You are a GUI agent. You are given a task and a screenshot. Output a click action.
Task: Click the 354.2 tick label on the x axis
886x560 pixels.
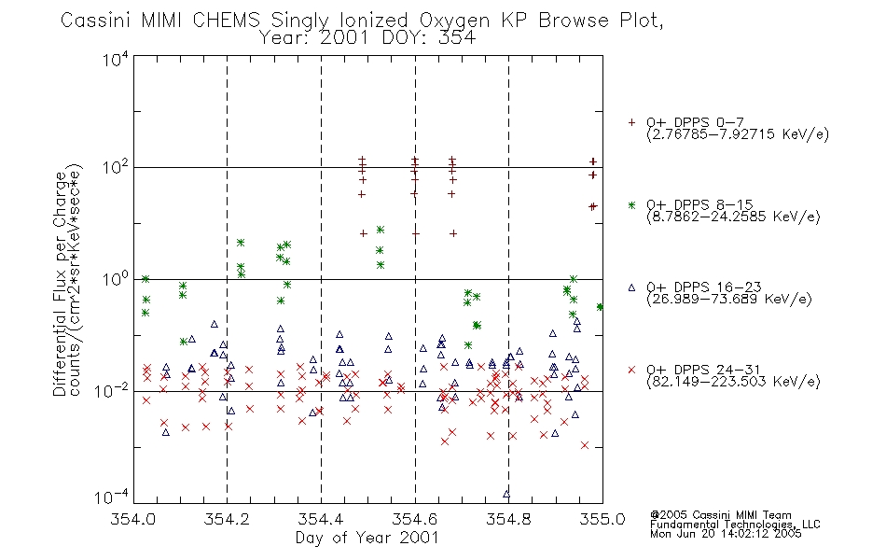[227, 519]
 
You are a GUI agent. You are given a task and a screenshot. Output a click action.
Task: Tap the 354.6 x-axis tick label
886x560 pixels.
[415, 519]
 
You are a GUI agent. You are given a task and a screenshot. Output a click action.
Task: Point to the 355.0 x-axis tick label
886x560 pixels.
[602, 519]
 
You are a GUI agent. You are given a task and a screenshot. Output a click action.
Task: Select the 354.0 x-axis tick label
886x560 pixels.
[132, 519]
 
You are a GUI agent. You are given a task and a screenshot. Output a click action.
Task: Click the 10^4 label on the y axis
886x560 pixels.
[116, 59]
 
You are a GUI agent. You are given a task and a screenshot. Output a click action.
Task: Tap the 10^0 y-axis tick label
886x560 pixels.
[116, 279]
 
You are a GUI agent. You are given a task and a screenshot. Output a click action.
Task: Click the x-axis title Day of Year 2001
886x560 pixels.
[367, 538]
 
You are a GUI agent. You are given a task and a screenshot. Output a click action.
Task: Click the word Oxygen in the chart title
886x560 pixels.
[455, 21]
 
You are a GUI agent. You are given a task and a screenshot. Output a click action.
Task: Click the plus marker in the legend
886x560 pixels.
[631, 122]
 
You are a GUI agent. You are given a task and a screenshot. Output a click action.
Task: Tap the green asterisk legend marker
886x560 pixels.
[631, 204]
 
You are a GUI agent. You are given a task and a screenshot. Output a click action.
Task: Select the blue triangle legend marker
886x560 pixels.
[631, 287]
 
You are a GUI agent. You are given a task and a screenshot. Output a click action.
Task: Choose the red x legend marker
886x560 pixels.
[631, 370]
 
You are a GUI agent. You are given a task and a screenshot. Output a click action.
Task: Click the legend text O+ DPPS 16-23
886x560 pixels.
[704, 287]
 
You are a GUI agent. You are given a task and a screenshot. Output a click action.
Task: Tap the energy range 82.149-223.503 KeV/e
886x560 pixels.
[733, 382]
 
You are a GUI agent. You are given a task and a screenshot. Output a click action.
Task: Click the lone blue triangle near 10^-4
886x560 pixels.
[506, 494]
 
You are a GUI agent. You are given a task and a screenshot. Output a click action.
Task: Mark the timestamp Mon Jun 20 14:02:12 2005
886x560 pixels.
[726, 534]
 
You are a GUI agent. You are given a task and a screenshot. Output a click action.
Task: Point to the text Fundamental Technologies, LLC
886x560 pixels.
[735, 525]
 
